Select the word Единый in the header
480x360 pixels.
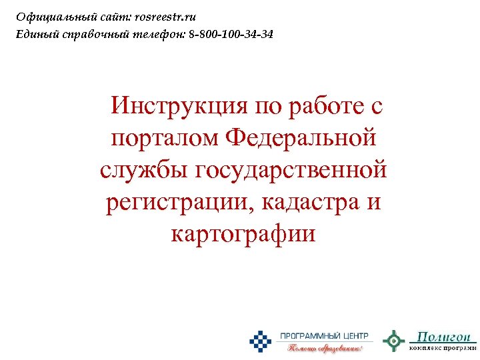click(35, 33)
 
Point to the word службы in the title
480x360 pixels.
click(144, 169)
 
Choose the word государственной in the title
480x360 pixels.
click(291, 169)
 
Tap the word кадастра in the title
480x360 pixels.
click(307, 201)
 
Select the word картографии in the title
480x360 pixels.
click(243, 233)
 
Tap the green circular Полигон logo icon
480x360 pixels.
click(394, 341)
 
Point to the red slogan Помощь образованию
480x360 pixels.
click(325, 347)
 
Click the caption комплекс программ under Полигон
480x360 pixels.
click(443, 347)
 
